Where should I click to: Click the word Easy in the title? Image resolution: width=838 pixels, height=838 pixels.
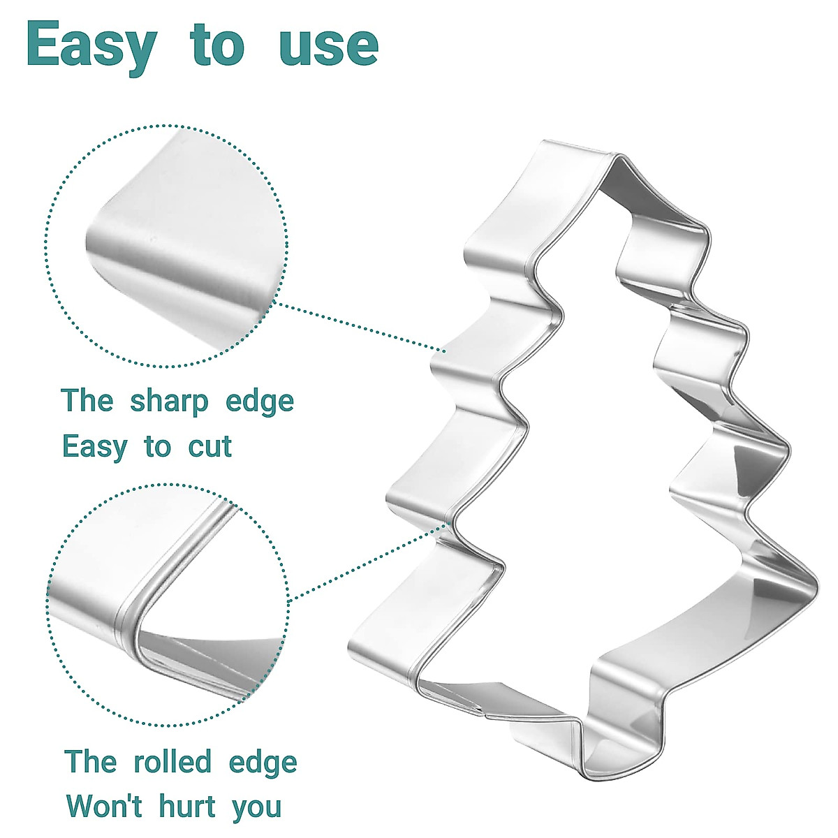pyautogui.click(x=91, y=45)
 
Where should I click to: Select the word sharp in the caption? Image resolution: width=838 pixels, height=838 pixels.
pyautogui.click(x=169, y=402)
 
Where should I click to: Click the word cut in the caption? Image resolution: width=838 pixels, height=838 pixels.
pyautogui.click(x=209, y=447)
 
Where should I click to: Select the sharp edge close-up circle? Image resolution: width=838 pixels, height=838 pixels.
pyautogui.click(x=166, y=246)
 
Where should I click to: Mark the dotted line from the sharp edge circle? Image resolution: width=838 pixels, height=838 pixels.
pyautogui.click(x=360, y=326)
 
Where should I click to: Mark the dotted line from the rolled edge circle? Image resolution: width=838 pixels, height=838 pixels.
pyautogui.click(x=367, y=562)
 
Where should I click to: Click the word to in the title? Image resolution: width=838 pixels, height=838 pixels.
pyautogui.click(x=216, y=45)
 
